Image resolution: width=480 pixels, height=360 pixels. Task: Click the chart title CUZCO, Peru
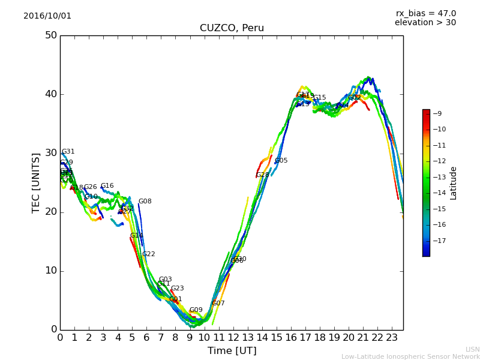tap(232, 28)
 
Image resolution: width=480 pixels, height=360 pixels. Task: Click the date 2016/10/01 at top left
tap(47, 16)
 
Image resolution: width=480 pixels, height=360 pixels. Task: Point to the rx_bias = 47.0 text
tap(425, 13)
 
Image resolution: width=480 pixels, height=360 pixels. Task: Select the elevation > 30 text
tap(425, 23)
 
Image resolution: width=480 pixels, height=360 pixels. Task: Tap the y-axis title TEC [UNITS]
tap(36, 182)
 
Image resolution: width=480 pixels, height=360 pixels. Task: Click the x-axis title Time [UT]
tap(232, 350)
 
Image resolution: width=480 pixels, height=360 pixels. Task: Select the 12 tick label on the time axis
tap(233, 338)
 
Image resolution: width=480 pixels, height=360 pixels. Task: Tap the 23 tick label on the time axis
tap(392, 338)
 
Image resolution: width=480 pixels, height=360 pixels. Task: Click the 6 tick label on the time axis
tap(146, 338)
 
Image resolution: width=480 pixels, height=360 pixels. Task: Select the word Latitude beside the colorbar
tap(454, 183)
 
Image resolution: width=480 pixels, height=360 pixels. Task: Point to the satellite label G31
tap(68, 152)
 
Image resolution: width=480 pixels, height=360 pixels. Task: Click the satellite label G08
tap(145, 202)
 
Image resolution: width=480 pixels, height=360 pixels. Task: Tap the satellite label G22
tap(149, 254)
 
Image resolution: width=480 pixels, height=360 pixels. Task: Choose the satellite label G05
tap(281, 161)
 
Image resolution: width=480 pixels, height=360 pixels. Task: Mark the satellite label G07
tap(218, 304)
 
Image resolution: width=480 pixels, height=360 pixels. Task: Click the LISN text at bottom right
tap(472, 349)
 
